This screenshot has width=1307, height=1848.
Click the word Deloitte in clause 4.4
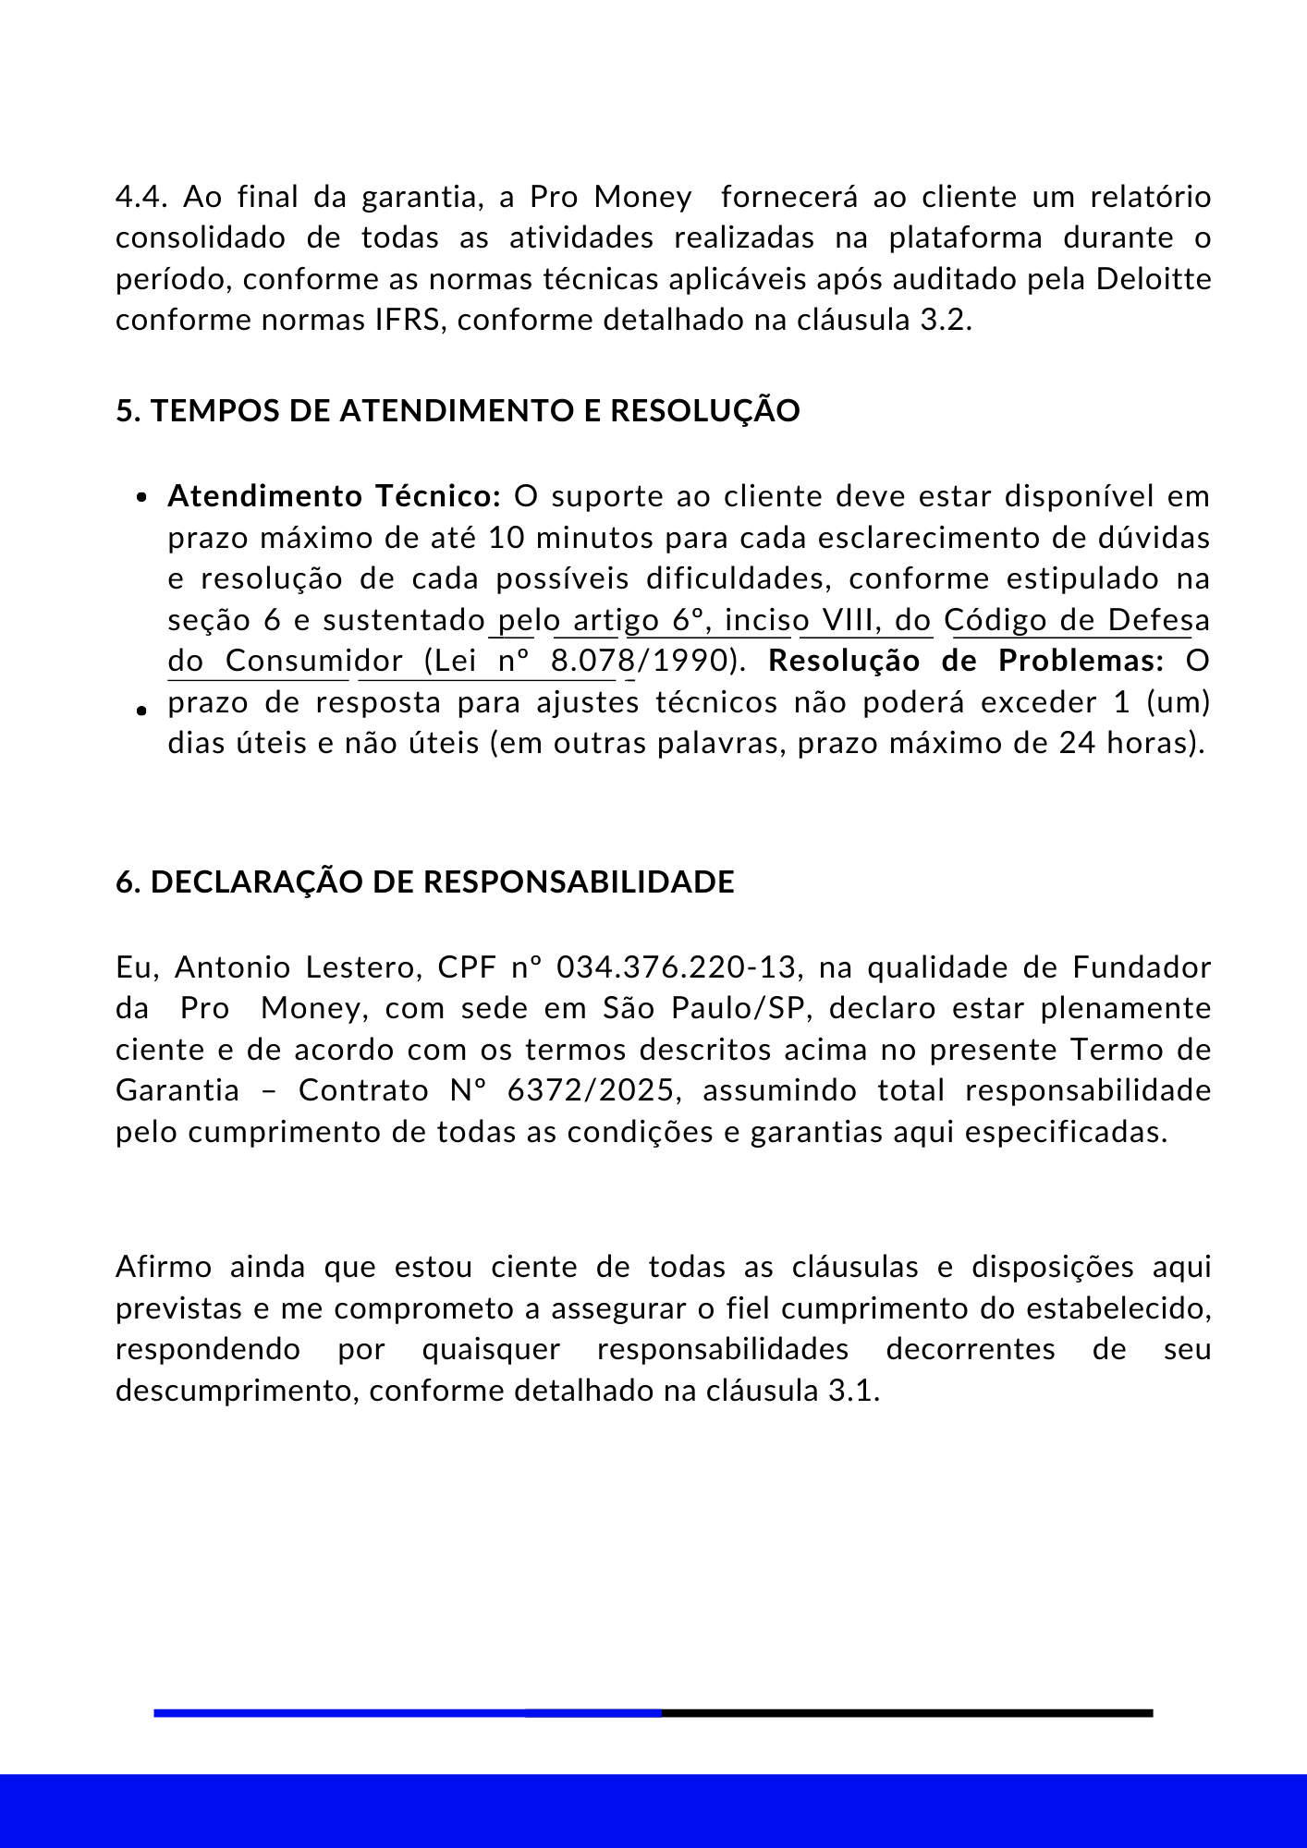point(1154,279)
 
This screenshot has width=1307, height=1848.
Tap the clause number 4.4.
point(140,198)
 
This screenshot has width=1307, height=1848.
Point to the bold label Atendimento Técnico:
point(334,497)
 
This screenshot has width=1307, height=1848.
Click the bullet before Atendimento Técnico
point(141,498)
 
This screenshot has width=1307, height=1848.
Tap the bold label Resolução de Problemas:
point(966,662)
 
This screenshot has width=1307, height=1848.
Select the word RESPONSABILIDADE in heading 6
point(579,882)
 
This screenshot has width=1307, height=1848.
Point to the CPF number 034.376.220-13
point(677,967)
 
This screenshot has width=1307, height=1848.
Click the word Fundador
point(1142,967)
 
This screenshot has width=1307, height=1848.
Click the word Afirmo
point(164,1267)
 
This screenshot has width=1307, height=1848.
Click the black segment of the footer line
point(906,1713)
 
